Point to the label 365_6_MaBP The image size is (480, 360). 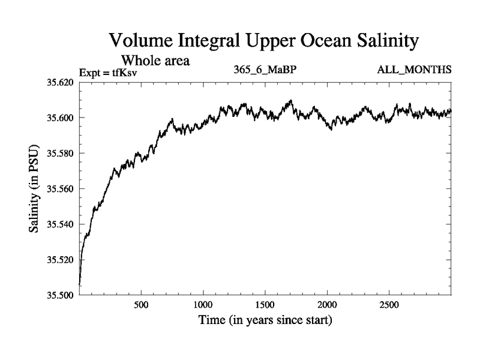265,71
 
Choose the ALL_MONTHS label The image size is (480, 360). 414,71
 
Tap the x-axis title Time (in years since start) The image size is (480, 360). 265,320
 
